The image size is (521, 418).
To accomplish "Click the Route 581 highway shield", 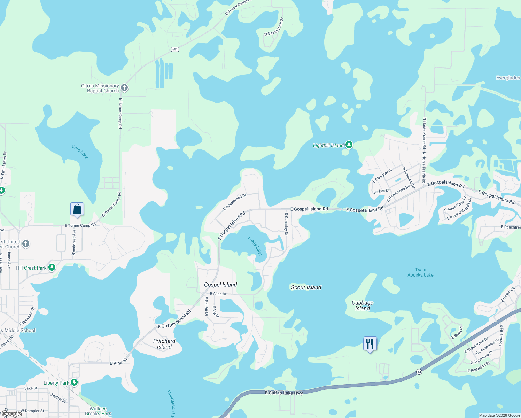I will pos(175,49).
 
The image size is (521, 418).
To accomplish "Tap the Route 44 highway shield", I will pos(419,372).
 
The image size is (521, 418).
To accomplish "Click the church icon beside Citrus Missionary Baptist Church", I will pos(124,88).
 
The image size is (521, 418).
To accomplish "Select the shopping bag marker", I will pos(77,209).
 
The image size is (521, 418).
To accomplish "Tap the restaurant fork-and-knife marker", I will pos(370,344).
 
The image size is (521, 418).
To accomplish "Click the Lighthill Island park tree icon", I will pos(349,145).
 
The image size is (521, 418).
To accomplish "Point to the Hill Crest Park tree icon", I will pos(52,268).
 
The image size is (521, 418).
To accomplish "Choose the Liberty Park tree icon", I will pos(74,382).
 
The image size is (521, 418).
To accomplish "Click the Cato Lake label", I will pos(80,152).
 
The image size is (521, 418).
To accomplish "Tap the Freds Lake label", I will pos(255,246).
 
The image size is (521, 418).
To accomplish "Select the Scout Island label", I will pos(306,287).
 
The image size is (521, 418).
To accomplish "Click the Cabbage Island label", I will pos(363,305).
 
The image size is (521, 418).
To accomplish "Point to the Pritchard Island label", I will pos(164,344).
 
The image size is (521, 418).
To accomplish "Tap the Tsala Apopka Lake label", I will pos(420,272).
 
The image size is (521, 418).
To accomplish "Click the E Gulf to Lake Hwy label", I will pos(284,393).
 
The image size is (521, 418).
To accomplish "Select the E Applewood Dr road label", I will pos(235,202).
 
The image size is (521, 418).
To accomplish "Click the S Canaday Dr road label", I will pos(286,224).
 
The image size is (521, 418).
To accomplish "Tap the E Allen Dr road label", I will pos(218,294).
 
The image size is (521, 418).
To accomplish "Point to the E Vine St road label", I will pos(118,362).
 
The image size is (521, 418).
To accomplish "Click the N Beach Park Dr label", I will pos(274,27).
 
